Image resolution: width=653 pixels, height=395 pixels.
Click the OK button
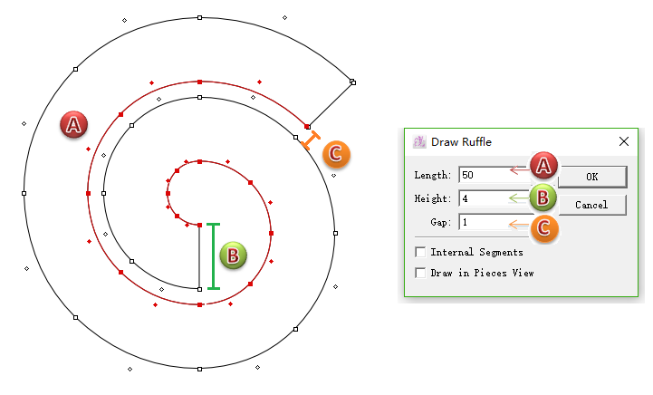[592, 177]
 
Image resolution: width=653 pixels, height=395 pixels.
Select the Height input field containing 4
[495, 198]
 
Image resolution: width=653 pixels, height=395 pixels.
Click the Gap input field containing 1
[495, 222]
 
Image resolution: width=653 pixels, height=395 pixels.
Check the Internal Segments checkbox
[420, 252]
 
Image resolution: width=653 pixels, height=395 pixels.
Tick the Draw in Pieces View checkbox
[420, 273]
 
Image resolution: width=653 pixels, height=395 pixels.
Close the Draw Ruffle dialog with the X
[624, 141]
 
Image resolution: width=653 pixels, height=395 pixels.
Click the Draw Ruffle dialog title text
[461, 142]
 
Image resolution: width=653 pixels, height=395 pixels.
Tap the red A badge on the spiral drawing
[73, 125]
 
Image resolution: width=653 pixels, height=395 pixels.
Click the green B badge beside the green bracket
[233, 255]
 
